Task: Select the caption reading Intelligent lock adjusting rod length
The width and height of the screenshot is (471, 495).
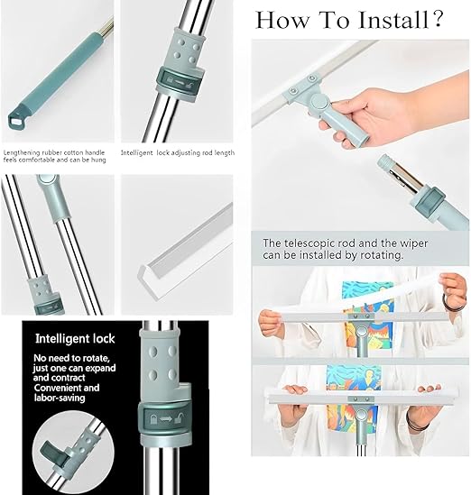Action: click(x=178, y=152)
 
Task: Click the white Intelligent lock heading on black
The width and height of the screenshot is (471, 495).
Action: click(x=76, y=340)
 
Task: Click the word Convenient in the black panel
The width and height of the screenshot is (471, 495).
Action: click(x=63, y=390)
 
